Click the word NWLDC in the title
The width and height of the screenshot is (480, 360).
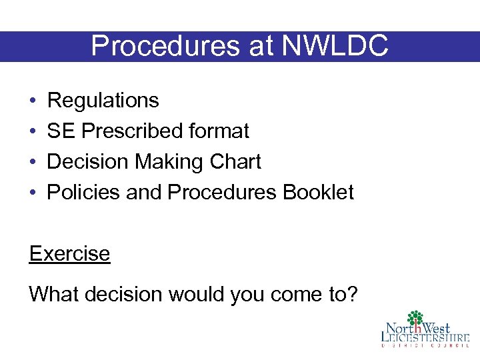click(x=335, y=46)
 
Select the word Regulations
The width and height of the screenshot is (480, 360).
click(x=103, y=101)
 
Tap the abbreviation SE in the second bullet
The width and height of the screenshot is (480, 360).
click(x=61, y=131)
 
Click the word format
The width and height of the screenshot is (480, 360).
click(x=219, y=131)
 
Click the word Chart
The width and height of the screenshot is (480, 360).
click(x=236, y=162)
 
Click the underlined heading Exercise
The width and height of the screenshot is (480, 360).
click(x=69, y=254)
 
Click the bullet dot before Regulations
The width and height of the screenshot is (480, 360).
click(x=33, y=101)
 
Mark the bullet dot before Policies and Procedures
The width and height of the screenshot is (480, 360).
click(x=33, y=193)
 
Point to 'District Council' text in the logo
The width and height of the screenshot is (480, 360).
click(x=425, y=346)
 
